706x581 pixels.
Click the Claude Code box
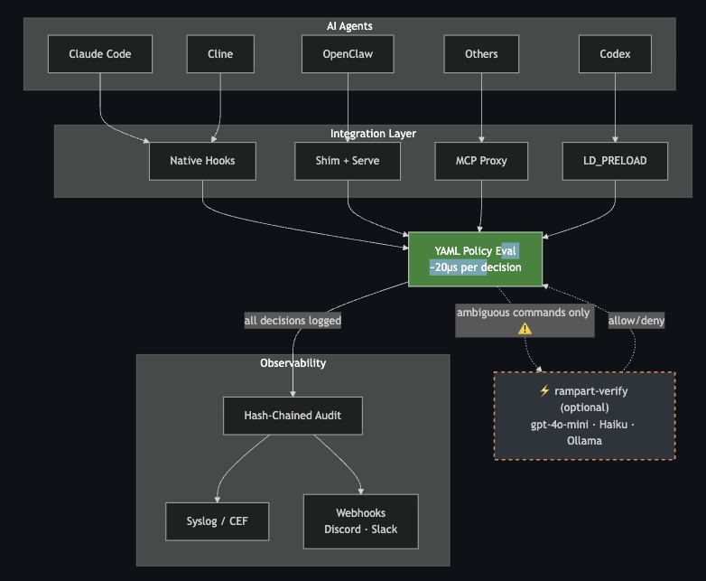click(100, 54)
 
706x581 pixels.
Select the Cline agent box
click(220, 54)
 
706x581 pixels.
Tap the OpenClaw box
click(348, 54)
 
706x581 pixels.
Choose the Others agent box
click(481, 54)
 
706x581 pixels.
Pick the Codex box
click(615, 54)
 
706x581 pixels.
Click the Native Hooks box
click(202, 161)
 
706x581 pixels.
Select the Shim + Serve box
click(348, 161)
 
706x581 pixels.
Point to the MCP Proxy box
click(481, 161)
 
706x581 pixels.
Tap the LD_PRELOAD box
click(615, 161)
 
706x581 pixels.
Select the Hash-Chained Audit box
click(293, 416)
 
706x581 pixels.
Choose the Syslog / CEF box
click(217, 521)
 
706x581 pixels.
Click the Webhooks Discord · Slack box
click(360, 521)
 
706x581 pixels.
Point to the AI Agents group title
click(349, 26)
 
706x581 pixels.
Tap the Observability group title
click(293, 363)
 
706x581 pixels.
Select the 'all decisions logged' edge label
click(293, 320)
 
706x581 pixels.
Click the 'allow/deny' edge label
click(636, 320)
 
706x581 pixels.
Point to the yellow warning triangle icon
click(525, 329)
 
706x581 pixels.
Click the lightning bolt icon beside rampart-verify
click(543, 391)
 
